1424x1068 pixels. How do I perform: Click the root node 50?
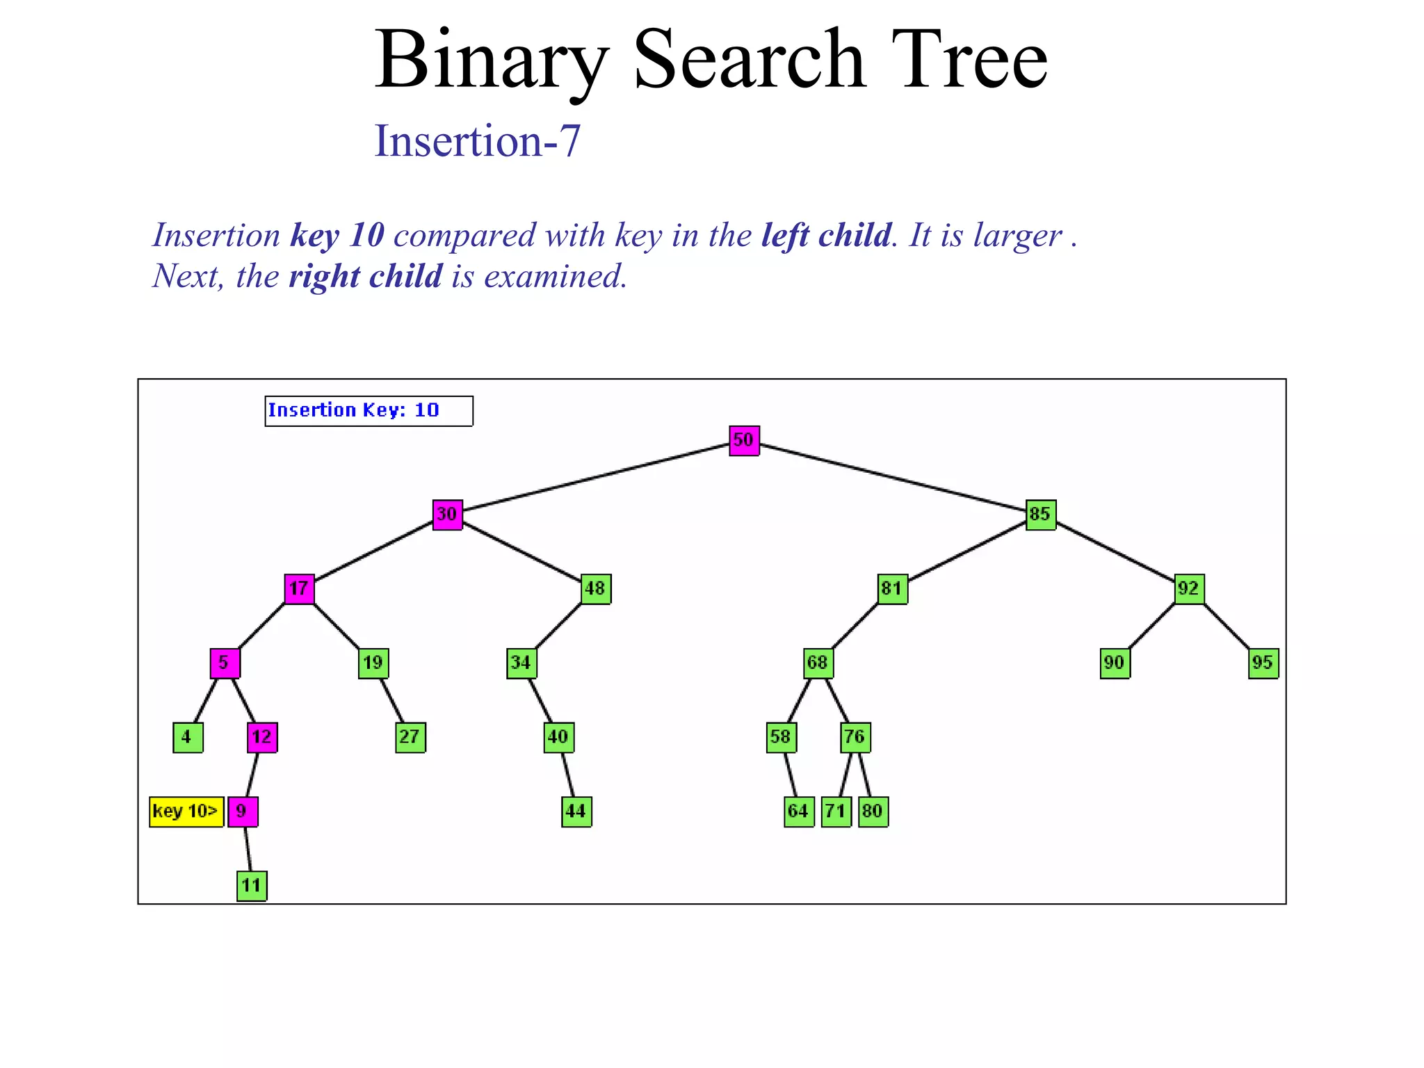coord(743,440)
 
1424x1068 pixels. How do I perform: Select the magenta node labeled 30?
coord(447,515)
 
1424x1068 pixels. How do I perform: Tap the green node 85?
coord(1040,515)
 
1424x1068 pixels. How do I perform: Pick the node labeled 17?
coord(299,589)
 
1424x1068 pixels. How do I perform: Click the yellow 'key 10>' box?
coord(186,811)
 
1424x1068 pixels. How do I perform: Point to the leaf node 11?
coord(252,886)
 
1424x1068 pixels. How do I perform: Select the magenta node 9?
coord(243,811)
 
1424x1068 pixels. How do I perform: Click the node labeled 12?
coord(262,737)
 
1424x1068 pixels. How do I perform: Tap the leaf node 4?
coord(187,737)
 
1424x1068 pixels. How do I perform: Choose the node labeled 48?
coord(595,589)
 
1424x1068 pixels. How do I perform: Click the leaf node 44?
coord(576,811)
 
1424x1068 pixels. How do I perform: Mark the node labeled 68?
coord(818,663)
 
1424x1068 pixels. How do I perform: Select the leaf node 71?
coord(836,811)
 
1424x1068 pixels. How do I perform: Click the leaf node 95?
coord(1263,663)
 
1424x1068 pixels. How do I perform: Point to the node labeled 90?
coord(1115,663)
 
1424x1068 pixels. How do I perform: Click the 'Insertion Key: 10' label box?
coord(369,411)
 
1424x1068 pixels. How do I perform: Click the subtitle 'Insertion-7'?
coord(477,140)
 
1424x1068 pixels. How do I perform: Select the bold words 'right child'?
coord(365,277)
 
